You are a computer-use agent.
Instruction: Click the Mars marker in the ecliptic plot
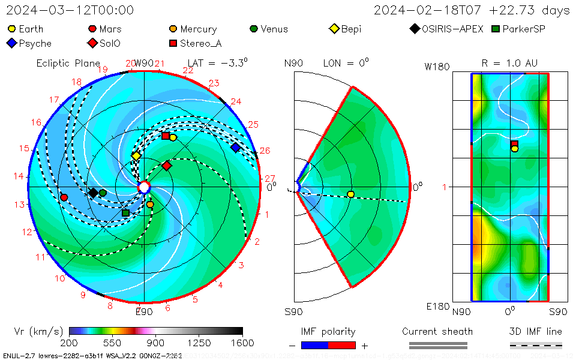tap(64, 197)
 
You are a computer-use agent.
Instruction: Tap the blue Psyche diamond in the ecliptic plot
tap(235, 148)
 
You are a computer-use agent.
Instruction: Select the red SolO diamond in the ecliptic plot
tap(167, 165)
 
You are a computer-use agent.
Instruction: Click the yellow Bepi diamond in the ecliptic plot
tap(136, 156)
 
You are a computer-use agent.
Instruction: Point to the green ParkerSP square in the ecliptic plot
tap(125, 213)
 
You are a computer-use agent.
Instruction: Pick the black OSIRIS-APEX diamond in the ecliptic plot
tap(93, 193)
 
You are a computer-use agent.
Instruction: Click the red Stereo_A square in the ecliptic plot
tap(166, 136)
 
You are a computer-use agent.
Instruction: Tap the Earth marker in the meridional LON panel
tap(350, 194)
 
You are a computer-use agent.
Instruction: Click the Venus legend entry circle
tap(254, 29)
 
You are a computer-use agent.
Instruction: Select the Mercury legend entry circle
tap(173, 29)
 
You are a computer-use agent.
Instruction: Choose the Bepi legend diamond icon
tap(335, 29)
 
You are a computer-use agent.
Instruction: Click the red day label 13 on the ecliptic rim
tap(20, 205)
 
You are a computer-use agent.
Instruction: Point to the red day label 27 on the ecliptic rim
tap(269, 178)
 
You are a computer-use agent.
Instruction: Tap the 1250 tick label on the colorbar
tap(199, 343)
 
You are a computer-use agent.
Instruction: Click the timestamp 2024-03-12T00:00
tap(70, 10)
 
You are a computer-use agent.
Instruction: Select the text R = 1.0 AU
tap(509, 63)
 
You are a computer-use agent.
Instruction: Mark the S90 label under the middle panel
tap(293, 311)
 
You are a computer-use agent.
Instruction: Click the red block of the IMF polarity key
tap(342, 345)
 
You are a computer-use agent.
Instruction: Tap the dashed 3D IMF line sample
tap(536, 345)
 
